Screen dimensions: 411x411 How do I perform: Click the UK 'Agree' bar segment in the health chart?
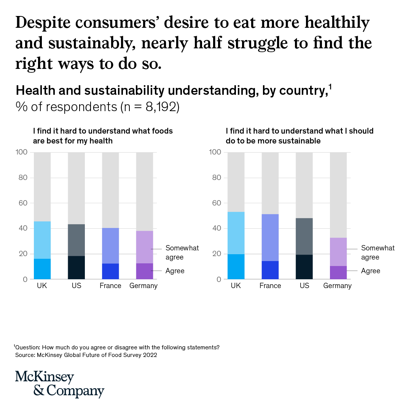click(42, 269)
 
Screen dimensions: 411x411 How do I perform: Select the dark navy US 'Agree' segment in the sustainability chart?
click(304, 267)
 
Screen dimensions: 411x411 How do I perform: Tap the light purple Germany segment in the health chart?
click(145, 247)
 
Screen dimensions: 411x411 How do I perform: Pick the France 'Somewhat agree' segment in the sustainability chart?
click(270, 237)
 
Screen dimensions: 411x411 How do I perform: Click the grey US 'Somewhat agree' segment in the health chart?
click(76, 240)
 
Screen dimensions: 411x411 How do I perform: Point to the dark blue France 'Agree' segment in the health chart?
click(110, 271)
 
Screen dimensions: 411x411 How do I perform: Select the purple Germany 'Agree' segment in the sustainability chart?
click(338, 272)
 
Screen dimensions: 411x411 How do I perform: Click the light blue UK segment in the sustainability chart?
click(236, 233)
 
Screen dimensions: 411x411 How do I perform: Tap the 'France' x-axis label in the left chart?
click(110, 286)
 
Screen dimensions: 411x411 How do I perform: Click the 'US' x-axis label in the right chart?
click(304, 286)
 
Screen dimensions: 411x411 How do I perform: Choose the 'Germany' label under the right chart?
click(338, 286)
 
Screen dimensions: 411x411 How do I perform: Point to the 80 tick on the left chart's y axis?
click(22, 178)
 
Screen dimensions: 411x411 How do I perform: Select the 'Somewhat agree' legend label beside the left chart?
click(182, 253)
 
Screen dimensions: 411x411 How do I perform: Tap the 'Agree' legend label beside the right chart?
click(370, 271)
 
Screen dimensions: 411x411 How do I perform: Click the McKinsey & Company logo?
click(59, 384)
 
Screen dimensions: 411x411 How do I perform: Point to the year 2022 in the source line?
click(150, 355)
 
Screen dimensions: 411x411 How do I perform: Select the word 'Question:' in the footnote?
click(28, 347)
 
